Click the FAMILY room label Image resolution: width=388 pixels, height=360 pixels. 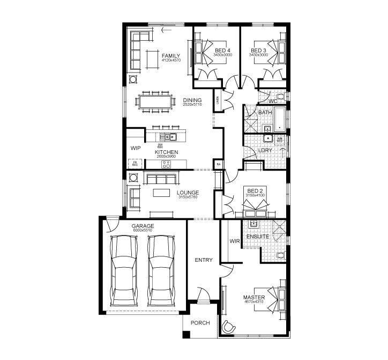click(171, 55)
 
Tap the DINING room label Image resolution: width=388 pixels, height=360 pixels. click(192, 100)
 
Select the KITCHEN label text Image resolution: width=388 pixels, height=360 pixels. click(166, 152)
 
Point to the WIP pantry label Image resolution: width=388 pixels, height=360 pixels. click(135, 148)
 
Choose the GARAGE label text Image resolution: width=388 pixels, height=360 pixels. click(143, 226)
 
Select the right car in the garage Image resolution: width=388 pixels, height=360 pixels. click(162, 265)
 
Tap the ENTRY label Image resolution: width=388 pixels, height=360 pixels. click(204, 260)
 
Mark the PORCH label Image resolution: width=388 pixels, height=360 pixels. click(200, 323)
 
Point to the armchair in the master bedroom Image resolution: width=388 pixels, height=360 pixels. click(230, 325)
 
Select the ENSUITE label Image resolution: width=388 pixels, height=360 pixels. click(257, 236)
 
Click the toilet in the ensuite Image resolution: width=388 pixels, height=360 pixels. click(280, 255)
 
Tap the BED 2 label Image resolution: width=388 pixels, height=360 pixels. click(255, 190)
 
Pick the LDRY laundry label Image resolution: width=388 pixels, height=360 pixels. click(265, 151)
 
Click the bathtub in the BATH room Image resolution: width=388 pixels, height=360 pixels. click(281, 119)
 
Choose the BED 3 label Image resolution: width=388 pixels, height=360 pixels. click(259, 50)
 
